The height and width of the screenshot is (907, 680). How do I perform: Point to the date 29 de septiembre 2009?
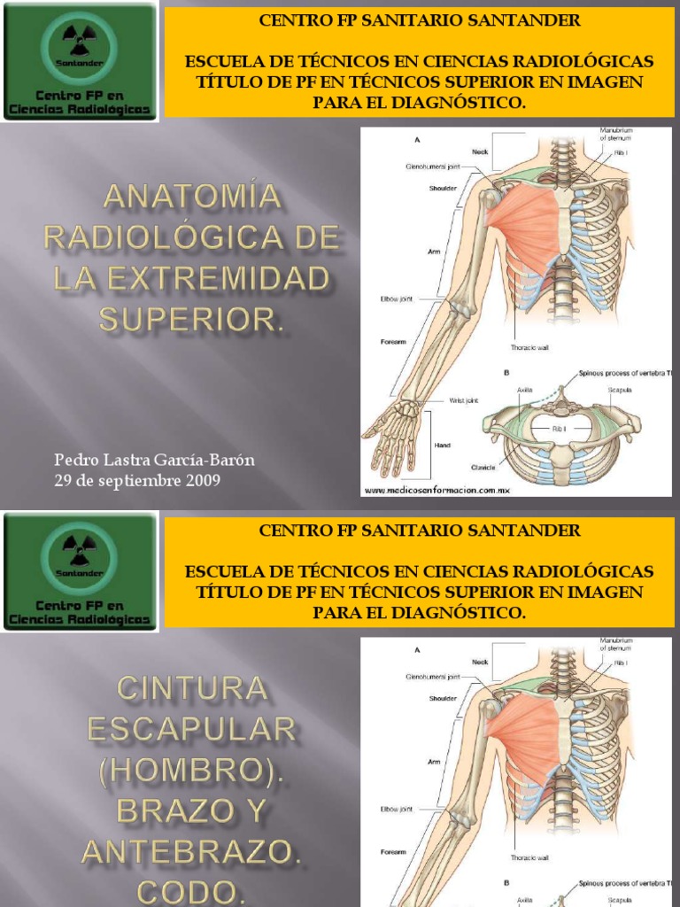click(137, 481)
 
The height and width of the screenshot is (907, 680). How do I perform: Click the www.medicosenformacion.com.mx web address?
click(437, 489)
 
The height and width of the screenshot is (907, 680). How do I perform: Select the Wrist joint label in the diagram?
click(464, 400)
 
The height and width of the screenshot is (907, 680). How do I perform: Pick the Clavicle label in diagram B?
click(483, 467)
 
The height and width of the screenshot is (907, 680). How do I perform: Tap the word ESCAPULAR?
click(192, 731)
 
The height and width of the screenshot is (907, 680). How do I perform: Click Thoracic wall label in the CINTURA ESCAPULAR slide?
click(529, 857)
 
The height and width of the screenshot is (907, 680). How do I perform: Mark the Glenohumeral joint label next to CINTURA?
click(433, 676)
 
